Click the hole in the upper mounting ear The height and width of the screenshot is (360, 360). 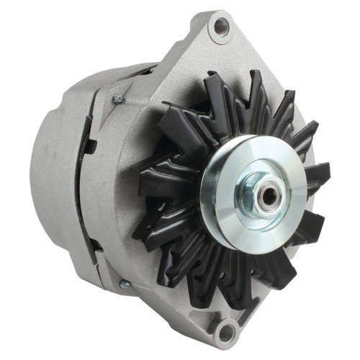(x=222, y=27)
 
